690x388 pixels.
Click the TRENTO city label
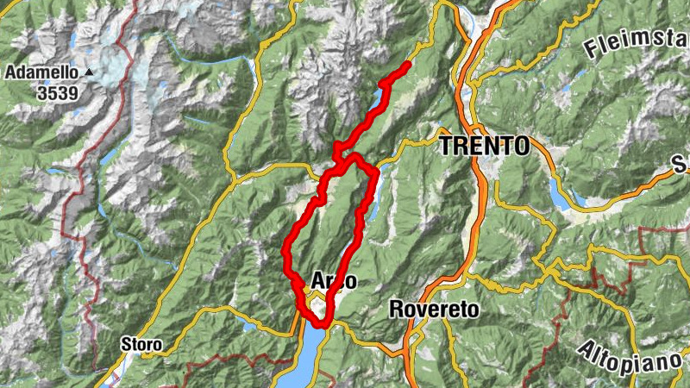click(484, 146)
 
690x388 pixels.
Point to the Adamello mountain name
click(41, 73)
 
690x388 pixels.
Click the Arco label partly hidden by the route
click(329, 282)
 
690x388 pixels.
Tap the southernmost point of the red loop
click(321, 325)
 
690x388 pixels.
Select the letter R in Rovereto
click(396, 308)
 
